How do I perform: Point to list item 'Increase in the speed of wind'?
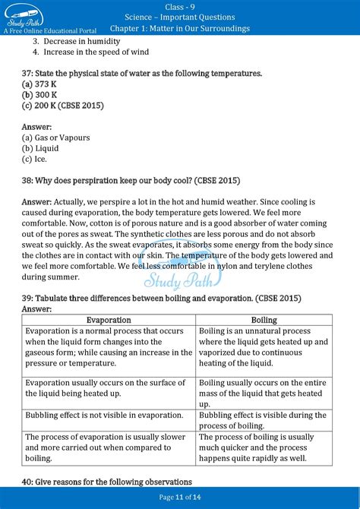point(96,52)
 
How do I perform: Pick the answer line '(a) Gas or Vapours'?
point(56,138)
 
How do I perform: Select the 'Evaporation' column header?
point(109,320)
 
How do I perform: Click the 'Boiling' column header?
point(264,320)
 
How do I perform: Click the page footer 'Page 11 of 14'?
point(180,497)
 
